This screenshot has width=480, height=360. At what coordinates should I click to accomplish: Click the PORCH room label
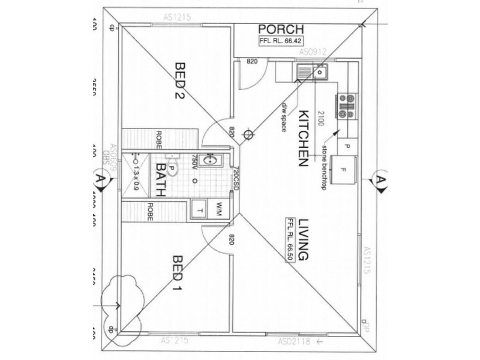pos(281,29)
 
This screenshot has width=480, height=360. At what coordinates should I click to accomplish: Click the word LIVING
pos(302,239)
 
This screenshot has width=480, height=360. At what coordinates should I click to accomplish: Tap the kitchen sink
pos(311,73)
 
